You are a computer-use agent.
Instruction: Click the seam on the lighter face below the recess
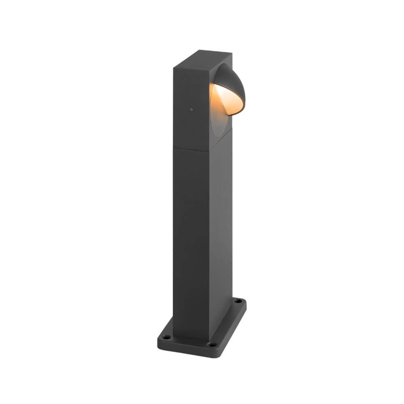tap(221, 144)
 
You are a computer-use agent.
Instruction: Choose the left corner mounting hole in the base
tap(165, 336)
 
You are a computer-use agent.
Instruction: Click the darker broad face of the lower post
tap(191, 242)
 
